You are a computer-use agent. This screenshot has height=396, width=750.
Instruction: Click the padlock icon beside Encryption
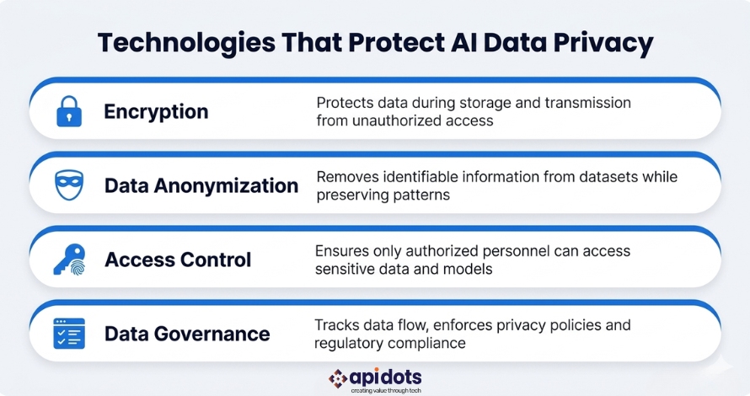(69, 111)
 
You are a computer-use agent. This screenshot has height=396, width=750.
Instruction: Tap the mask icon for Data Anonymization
(69, 185)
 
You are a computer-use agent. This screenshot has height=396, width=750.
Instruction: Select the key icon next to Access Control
(69, 260)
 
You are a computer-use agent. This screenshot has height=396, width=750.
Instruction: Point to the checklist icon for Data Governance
(69, 334)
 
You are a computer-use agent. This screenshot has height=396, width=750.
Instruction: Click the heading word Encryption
(156, 112)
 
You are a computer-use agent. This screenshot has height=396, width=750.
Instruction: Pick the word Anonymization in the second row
(226, 185)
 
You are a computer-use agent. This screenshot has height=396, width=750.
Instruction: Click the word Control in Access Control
(216, 260)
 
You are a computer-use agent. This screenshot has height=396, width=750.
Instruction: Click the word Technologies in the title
(186, 44)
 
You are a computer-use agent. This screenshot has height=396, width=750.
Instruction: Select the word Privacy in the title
(603, 44)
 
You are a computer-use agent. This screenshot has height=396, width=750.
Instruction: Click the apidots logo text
(385, 377)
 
